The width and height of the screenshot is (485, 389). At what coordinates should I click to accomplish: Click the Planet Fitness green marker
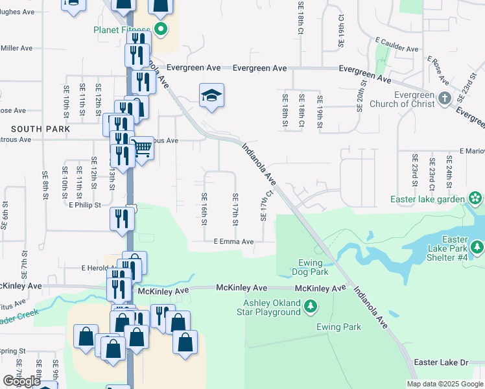(x=160, y=29)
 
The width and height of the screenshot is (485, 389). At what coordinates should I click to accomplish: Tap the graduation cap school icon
(x=211, y=96)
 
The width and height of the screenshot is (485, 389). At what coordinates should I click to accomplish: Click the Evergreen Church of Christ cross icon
(x=444, y=99)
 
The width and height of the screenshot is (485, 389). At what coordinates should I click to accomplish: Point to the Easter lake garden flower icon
(x=475, y=198)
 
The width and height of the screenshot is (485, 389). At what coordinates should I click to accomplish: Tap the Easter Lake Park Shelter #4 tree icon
(x=477, y=247)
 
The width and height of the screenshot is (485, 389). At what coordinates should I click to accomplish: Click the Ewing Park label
(x=338, y=327)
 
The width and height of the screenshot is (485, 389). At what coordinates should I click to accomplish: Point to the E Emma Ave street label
(x=233, y=241)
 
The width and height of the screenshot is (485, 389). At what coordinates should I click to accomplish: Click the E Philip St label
(x=84, y=205)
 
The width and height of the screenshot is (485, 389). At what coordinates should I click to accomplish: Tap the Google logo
(x=21, y=381)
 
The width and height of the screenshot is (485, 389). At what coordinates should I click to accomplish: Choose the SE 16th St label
(x=204, y=209)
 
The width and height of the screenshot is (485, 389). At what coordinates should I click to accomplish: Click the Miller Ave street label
(x=16, y=48)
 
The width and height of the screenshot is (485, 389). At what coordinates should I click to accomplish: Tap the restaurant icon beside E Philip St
(x=121, y=218)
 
